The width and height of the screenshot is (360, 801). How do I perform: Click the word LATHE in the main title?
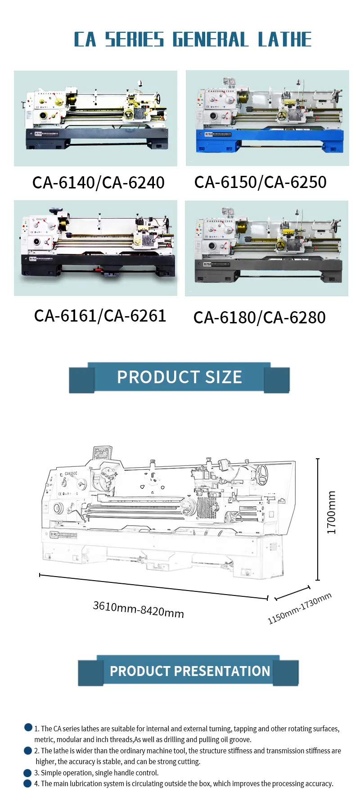(x=284, y=40)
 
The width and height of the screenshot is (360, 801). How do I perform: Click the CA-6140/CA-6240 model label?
(x=98, y=183)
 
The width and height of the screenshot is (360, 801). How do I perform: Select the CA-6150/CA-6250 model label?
(x=260, y=182)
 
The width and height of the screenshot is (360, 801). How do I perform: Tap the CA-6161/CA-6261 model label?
(x=100, y=316)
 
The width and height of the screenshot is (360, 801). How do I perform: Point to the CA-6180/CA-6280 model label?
(x=259, y=318)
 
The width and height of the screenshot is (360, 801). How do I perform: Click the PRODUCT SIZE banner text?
(x=179, y=377)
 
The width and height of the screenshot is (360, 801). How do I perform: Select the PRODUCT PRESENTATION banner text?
(x=189, y=671)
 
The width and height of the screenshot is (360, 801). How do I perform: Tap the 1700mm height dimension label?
(x=331, y=512)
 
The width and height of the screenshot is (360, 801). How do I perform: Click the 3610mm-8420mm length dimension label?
(x=138, y=609)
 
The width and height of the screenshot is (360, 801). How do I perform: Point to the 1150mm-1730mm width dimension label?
(x=299, y=608)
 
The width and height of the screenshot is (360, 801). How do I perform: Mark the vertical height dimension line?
(x=318, y=519)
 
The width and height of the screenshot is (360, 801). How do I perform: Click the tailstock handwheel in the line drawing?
(x=262, y=474)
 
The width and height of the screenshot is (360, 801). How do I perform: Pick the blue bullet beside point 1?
(x=28, y=727)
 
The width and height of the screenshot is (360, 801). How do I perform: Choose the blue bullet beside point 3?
(x=27, y=773)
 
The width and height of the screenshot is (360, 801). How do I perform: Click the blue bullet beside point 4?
(x=27, y=783)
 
